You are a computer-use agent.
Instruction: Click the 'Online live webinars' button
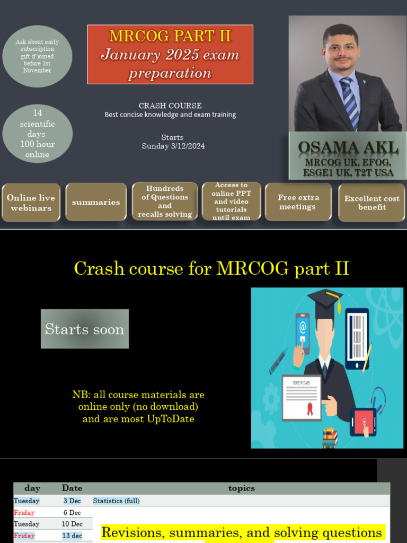[x=31, y=203]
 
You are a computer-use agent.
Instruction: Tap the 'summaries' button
[x=96, y=202]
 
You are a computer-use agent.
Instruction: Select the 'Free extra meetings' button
[x=298, y=202]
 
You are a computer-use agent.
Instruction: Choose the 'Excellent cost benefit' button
[x=371, y=203]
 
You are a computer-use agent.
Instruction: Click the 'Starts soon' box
[x=85, y=329]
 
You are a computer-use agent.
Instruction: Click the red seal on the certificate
[x=310, y=408]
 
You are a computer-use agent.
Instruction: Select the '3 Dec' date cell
[x=72, y=501]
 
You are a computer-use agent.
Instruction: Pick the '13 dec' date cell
[x=72, y=536]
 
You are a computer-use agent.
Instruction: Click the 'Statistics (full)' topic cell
[x=117, y=501]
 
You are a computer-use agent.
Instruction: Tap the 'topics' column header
[x=241, y=488]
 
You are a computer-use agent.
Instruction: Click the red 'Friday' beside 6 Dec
[x=24, y=512]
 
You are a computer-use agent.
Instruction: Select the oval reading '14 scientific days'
[x=37, y=134]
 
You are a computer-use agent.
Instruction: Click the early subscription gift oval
[x=37, y=56]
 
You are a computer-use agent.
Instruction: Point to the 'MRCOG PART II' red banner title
[x=170, y=36]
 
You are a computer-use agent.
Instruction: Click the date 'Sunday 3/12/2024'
[x=173, y=146]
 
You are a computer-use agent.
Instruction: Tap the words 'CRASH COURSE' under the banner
[x=170, y=106]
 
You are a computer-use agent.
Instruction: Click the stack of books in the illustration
[x=330, y=438]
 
